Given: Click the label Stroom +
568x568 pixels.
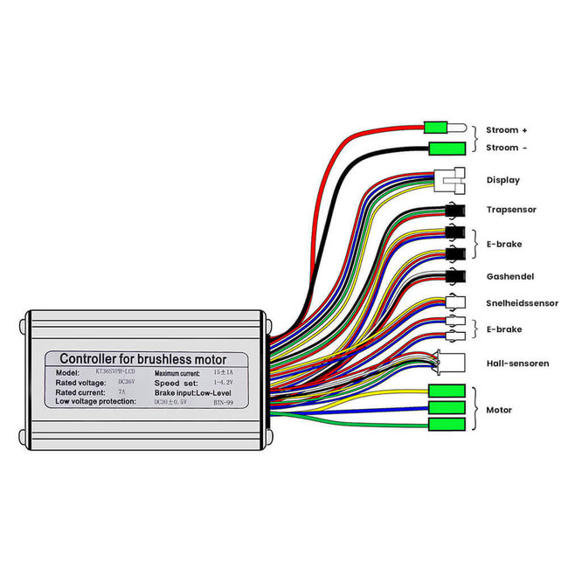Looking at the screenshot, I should pos(507,129).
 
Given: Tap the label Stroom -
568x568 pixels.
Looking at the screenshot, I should pos(507,148).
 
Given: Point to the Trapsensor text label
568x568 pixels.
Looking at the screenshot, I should pos(511,210).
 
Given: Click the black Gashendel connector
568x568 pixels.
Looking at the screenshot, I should pos(454,276).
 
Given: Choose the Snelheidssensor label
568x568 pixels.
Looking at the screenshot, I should pos(522,303).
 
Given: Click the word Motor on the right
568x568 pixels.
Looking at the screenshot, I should pos(499,410).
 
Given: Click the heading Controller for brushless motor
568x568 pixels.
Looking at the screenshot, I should pos(142,359).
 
